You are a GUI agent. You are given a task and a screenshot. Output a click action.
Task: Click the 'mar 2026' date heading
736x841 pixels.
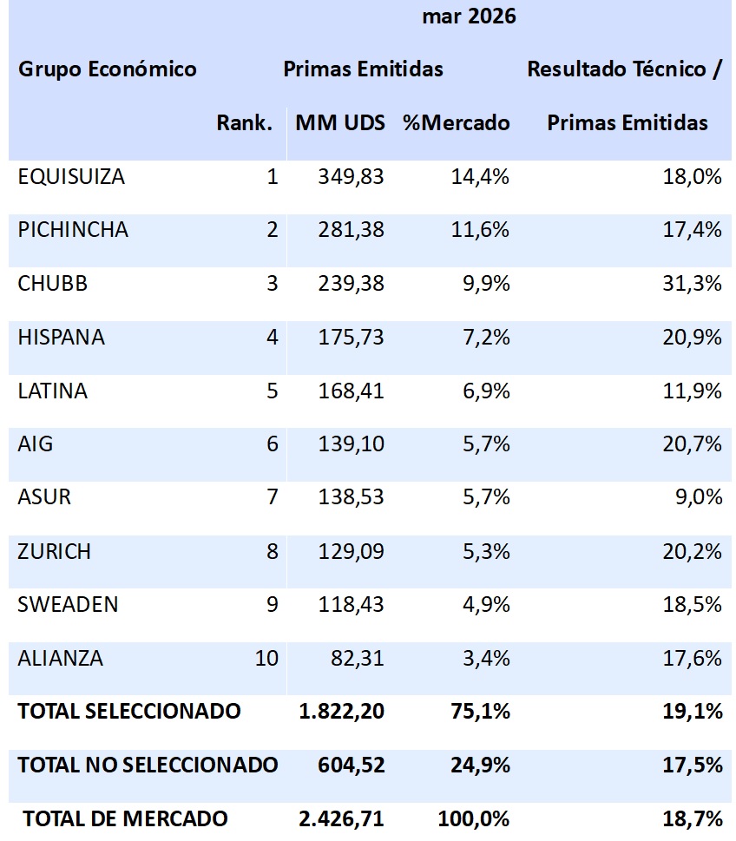coord(469,16)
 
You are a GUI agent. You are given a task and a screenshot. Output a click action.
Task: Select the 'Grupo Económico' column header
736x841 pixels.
coord(107,69)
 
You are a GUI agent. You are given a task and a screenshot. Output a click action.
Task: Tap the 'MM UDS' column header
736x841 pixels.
coord(339,123)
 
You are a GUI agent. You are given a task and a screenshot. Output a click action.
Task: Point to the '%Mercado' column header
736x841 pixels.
coord(456,123)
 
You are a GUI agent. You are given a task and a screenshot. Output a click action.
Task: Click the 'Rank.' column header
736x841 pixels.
coord(245,123)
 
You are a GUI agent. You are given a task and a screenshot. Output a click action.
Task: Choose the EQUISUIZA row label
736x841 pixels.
coord(71,177)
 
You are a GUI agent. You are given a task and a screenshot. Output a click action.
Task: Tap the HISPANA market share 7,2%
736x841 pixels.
coord(486,338)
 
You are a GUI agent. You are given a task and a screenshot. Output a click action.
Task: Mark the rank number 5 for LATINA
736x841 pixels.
coord(272,391)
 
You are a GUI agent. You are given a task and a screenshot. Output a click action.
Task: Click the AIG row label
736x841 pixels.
coord(36,444)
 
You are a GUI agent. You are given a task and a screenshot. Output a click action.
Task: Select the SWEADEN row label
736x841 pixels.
coord(68,605)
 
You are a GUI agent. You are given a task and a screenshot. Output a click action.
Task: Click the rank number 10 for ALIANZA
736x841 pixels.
coord(266,658)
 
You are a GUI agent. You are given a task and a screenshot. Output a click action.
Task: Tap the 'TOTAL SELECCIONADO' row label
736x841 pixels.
coord(129,712)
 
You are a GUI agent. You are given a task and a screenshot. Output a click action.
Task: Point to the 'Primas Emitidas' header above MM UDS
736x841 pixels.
coord(363,69)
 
